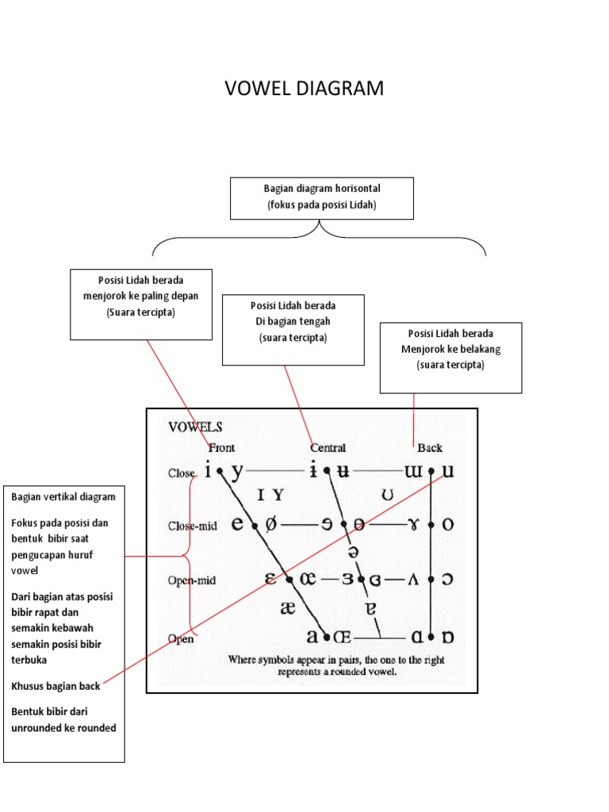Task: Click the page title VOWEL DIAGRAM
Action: [x=304, y=89]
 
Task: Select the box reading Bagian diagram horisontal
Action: [x=322, y=197]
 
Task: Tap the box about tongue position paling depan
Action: [x=141, y=303]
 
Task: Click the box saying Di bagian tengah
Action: [x=293, y=329]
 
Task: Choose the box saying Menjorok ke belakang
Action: [x=450, y=357]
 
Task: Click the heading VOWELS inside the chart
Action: [x=195, y=427]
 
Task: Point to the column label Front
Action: [x=221, y=447]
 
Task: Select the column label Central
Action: [x=327, y=447]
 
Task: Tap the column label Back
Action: [x=430, y=447]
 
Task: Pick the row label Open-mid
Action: [x=191, y=580]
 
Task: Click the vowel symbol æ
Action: [x=286, y=607]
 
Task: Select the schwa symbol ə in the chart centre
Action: [x=353, y=551]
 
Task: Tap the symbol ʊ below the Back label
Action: [x=388, y=496]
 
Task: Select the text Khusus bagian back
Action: [x=56, y=686]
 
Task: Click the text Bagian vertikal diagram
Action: [x=63, y=496]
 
